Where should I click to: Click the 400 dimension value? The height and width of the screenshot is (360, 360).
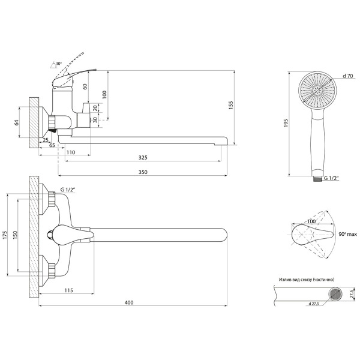coord(129,302)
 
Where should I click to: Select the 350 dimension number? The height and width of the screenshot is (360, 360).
coord(143,172)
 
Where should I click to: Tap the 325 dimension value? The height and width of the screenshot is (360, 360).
coord(143,157)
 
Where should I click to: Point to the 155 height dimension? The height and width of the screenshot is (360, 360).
coord(231,105)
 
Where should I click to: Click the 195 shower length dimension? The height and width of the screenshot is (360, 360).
coord(286,123)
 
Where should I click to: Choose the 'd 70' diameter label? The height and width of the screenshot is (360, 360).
coord(348,76)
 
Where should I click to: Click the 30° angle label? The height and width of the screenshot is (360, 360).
coord(59,64)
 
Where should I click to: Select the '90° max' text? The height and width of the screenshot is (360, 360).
coord(348,234)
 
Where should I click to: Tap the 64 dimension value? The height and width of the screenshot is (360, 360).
coord(17,122)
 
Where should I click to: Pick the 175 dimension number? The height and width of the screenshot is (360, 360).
coord(5,235)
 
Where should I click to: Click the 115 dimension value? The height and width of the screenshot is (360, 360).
coord(68,290)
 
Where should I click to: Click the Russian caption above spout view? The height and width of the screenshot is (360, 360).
coord(307,280)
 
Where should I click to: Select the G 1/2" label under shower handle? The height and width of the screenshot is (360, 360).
coord(331,178)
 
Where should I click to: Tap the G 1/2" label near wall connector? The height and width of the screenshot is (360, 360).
coord(68,190)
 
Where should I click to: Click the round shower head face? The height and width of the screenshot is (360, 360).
coord(317,91)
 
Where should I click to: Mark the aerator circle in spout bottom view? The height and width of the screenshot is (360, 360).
coord(335,293)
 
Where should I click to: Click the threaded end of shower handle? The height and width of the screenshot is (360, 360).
coord(318,178)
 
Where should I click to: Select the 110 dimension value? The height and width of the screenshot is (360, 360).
coord(71,152)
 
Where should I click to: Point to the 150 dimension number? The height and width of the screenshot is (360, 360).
coord(15,235)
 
